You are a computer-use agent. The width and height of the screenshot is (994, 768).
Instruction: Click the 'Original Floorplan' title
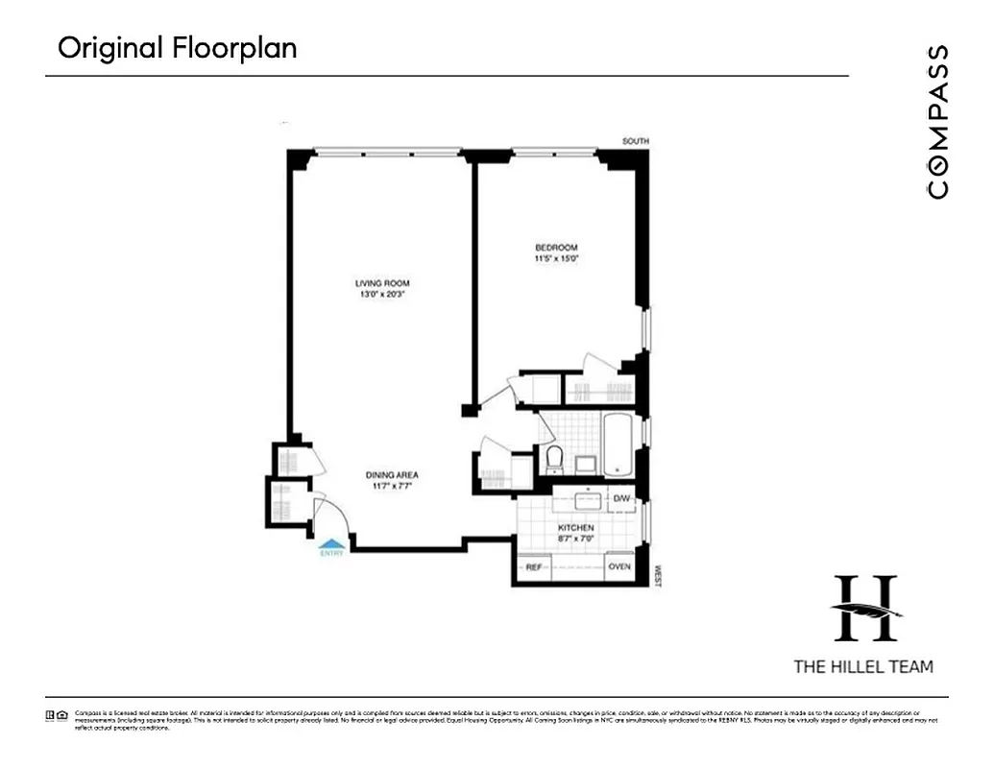[x=177, y=48]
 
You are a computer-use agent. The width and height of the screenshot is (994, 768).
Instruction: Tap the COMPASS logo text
[x=937, y=121]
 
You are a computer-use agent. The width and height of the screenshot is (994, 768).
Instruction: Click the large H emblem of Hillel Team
[x=866, y=609]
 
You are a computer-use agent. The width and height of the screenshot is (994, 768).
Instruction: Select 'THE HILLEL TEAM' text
[x=862, y=666]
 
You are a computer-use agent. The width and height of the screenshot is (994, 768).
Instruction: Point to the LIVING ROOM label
[x=382, y=283]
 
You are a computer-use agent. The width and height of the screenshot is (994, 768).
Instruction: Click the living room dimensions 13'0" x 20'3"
[x=382, y=295]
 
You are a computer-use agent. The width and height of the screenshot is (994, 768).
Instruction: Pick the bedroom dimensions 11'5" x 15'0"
[x=556, y=259]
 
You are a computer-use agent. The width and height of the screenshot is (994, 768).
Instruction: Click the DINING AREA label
[x=391, y=475]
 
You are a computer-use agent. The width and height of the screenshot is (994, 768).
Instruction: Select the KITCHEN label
[x=576, y=528]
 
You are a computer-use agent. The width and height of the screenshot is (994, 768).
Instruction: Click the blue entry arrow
[x=331, y=544]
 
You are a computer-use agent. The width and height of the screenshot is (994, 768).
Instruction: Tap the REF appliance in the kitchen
[x=534, y=567]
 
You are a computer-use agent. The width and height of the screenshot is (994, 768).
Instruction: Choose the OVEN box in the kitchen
[x=619, y=567]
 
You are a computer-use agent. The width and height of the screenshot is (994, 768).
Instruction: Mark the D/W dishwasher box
[x=622, y=498]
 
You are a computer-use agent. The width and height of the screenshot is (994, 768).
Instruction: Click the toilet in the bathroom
[x=554, y=459]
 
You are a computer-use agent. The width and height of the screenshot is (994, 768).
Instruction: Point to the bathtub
[x=617, y=444]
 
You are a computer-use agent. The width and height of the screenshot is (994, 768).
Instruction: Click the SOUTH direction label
[x=635, y=142]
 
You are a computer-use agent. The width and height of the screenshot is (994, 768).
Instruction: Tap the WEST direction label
[x=658, y=575]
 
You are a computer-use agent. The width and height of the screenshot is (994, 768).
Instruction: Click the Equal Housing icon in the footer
[x=62, y=714]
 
